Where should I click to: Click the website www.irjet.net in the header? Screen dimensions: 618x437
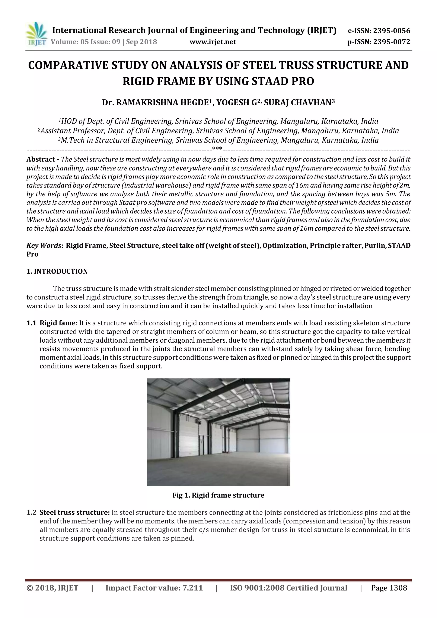coord(213,42)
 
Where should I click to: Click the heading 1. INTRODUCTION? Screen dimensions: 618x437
coord(57,271)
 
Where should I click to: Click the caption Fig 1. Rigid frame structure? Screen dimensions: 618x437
coord(218,495)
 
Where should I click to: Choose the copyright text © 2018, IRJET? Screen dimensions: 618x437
coord(52,588)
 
